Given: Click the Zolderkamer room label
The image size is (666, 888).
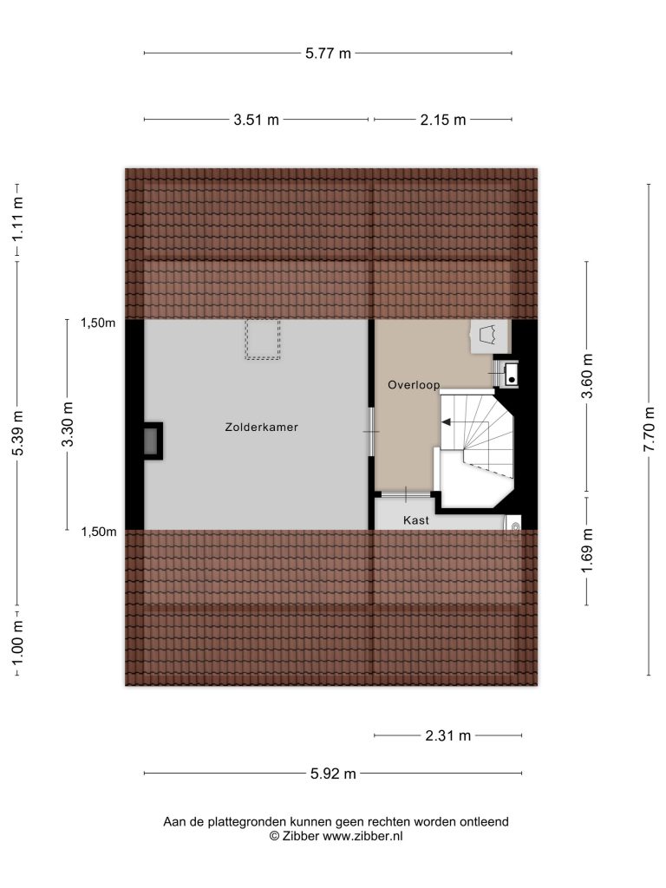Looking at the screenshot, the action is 262,427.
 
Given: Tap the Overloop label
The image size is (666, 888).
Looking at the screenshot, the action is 414,385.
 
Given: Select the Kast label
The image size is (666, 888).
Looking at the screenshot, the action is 416,520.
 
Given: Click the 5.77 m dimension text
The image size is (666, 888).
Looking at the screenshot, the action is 328,53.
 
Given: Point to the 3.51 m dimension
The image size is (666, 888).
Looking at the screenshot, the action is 257,120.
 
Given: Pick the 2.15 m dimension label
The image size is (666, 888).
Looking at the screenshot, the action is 443,120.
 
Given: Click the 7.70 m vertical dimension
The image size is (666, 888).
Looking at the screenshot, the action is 649,429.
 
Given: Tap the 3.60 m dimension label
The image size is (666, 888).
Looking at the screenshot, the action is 587,376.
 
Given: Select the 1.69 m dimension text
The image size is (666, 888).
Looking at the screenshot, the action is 587,551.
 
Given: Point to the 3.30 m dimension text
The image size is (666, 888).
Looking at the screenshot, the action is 68,424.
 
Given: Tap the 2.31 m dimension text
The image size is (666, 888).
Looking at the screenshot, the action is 448,735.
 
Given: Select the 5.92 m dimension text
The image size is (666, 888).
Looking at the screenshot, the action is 333,774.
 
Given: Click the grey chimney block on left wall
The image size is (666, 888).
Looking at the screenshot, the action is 151,441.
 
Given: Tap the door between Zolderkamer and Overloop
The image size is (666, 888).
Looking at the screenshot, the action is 371,432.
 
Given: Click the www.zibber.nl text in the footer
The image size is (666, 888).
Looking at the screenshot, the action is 362,836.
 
